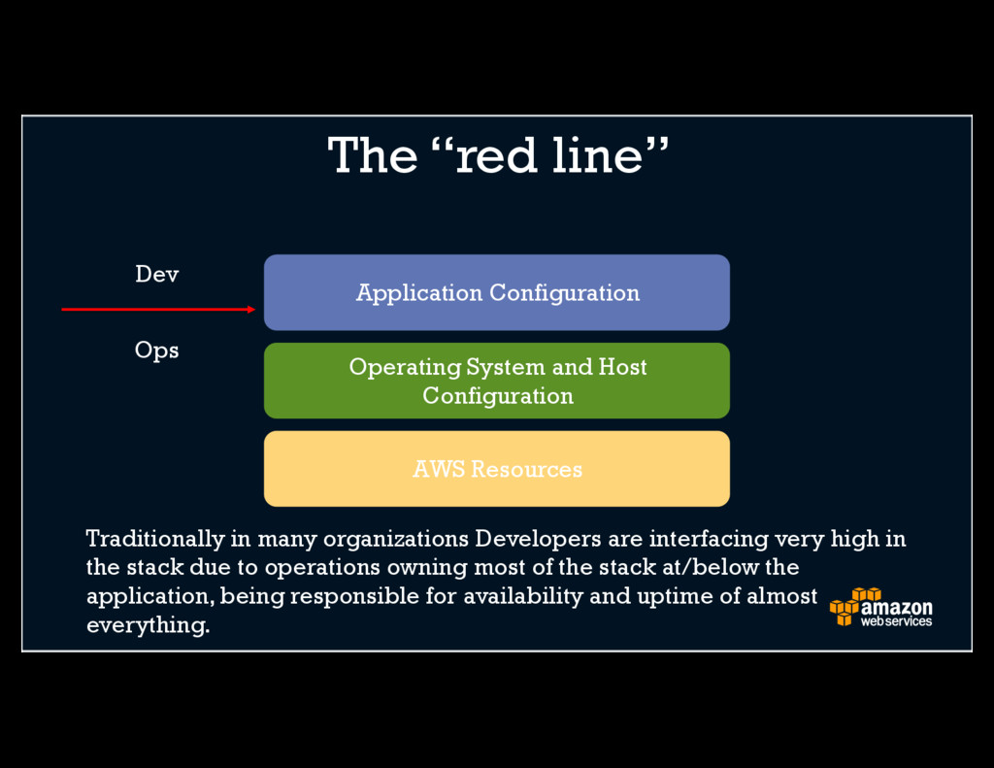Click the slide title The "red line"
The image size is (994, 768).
click(498, 155)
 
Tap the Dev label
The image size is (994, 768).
click(156, 275)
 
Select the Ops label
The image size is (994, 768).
click(156, 350)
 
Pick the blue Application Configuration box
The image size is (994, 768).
click(496, 292)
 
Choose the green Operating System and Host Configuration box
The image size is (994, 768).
click(496, 381)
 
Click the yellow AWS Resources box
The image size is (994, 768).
click(496, 469)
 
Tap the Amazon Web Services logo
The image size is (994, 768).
click(880, 608)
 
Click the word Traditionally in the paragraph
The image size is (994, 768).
click(154, 539)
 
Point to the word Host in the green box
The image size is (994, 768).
click(622, 367)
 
